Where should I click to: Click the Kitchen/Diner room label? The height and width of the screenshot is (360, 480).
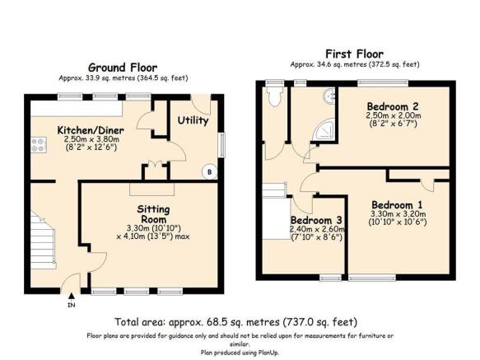(x=91, y=130)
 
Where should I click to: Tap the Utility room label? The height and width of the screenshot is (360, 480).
(x=193, y=120)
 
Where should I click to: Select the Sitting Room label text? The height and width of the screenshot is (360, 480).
(x=153, y=214)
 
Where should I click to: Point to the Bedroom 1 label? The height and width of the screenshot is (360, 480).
(x=397, y=204)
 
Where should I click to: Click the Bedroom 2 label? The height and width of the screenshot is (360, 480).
(x=393, y=106)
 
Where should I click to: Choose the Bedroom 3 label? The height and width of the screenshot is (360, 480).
(x=316, y=220)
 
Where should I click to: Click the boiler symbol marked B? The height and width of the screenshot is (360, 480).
(x=210, y=172)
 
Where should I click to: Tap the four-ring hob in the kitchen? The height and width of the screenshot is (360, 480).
(x=39, y=145)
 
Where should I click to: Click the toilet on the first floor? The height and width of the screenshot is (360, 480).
(x=275, y=96)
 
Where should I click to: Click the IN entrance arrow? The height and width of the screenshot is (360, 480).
(x=72, y=296)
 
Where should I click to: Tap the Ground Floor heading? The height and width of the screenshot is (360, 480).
(x=123, y=68)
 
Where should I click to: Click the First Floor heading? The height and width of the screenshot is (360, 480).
(x=354, y=54)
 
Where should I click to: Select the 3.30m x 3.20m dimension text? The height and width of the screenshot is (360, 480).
(x=398, y=214)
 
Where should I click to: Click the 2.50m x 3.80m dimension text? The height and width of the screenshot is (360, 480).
(x=91, y=139)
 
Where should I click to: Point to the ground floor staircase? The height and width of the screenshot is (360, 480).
(x=43, y=239)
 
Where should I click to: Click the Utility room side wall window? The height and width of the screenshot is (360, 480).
(x=222, y=145)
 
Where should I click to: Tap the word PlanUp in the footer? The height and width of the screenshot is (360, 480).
(x=268, y=353)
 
